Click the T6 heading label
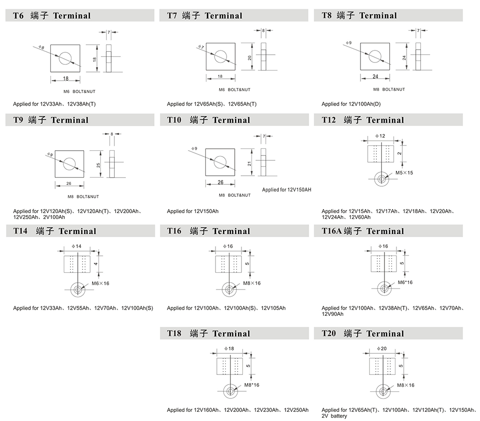click(18, 15)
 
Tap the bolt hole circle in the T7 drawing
click(220, 56)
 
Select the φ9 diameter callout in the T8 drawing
click(349, 43)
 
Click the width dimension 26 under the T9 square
click(69, 183)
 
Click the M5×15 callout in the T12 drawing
click(404, 172)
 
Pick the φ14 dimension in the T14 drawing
click(76, 246)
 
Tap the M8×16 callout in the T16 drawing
click(252, 283)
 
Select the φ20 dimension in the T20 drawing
click(382, 349)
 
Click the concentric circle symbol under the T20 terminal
click(383, 392)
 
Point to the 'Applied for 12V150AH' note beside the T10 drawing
click(287, 190)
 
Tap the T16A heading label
click(332, 231)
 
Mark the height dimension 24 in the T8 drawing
click(405, 57)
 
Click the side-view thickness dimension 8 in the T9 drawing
click(111, 134)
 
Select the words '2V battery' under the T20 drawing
click(334, 416)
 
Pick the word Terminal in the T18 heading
click(231, 334)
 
